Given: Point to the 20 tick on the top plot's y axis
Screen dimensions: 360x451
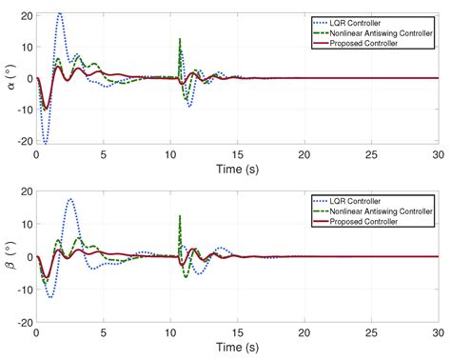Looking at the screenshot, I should point(26,16).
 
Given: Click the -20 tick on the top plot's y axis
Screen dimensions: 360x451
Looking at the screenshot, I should point(24,141).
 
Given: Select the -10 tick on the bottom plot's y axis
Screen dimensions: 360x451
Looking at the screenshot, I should point(24,290).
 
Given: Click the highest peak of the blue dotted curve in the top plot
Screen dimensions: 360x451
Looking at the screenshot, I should point(60,13).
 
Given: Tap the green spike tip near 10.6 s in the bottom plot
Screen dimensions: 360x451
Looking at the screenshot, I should point(179,215).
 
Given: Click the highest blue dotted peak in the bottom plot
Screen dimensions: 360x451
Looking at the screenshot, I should point(70,199).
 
